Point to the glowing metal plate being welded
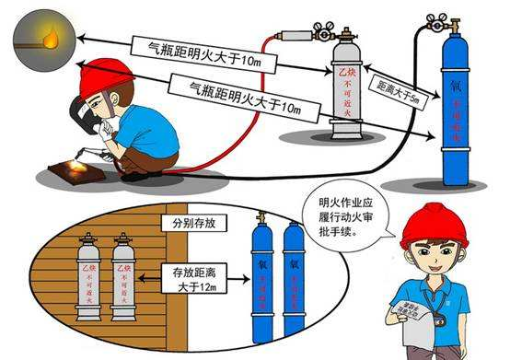pos(78,168)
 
